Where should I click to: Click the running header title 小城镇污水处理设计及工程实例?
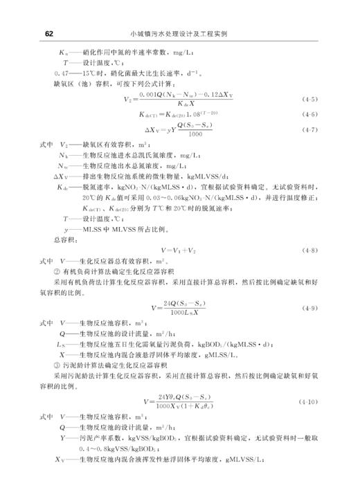pos(183,33)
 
